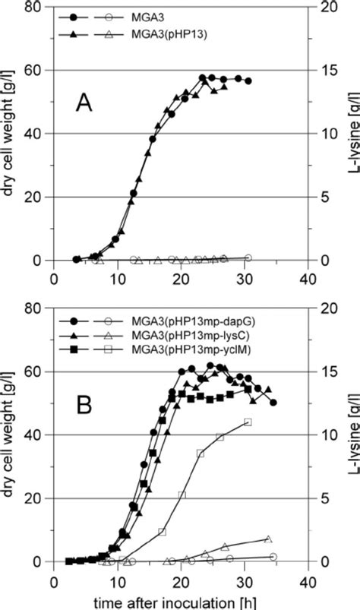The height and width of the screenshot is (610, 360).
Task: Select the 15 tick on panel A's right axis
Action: [324, 70]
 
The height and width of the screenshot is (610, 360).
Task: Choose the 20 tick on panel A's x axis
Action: [181, 280]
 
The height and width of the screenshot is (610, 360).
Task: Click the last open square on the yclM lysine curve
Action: [248, 422]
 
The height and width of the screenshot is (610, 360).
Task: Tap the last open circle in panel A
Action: [248, 258]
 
